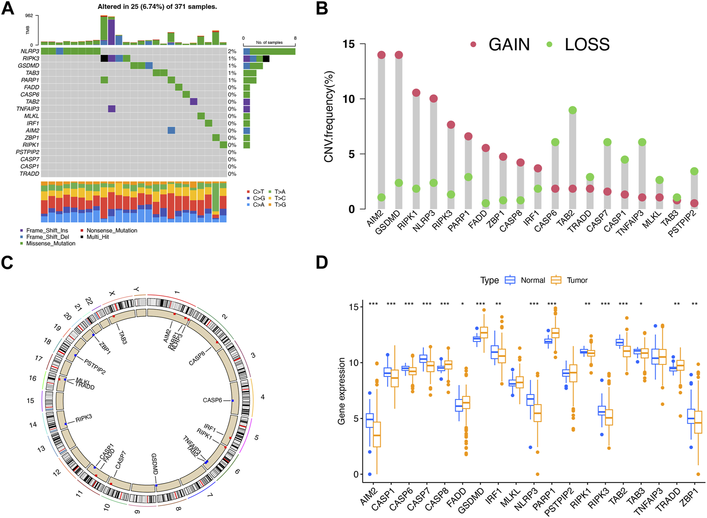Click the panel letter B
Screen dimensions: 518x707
322,8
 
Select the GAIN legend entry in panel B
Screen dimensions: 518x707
508,44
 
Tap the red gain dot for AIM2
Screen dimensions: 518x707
382,55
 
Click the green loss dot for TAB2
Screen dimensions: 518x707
573,110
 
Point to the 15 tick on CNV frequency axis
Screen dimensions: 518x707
349,44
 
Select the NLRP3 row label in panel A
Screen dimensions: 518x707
30,51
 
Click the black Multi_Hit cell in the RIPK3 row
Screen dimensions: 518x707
104,58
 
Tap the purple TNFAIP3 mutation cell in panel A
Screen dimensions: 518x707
111,109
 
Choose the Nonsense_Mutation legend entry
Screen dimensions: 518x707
111,230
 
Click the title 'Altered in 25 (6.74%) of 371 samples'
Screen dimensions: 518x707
157,7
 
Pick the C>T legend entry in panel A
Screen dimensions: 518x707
258,192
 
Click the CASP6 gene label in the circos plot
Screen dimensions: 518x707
212,400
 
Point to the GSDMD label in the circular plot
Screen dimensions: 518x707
154,464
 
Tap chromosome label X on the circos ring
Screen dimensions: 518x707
112,294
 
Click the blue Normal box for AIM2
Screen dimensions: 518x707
370,420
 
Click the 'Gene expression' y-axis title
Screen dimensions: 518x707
341,391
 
